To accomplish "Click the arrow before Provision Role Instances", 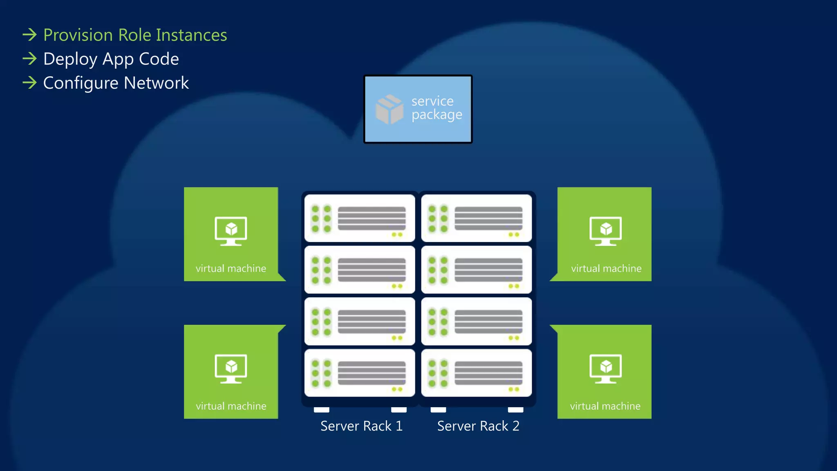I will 29,35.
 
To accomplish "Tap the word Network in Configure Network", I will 156,83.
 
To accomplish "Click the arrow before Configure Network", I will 29,83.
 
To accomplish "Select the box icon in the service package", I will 389,109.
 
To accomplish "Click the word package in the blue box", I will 436,115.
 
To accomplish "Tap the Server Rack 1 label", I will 361,426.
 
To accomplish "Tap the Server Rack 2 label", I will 478,426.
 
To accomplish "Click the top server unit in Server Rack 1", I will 360,218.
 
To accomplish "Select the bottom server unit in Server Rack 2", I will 477,373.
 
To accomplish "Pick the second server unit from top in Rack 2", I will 477,270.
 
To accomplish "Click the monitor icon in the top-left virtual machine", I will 231,231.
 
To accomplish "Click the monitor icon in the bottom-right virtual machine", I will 605,368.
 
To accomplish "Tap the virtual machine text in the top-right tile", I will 606,269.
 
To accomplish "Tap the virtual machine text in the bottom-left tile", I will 231,406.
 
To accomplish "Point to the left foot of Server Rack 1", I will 322,410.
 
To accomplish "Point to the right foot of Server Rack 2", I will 515,410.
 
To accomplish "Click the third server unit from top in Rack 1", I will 360,321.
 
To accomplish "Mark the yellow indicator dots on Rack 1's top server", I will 397,235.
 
